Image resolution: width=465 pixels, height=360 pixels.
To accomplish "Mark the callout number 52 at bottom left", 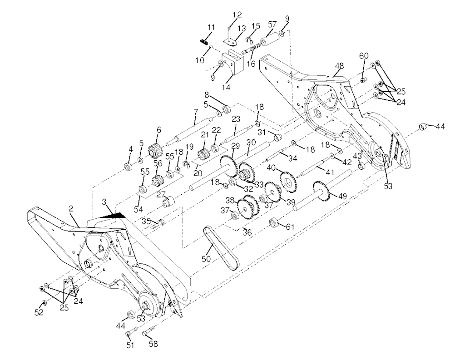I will coord(39,313).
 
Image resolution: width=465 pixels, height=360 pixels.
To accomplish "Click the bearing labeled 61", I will coord(274,223).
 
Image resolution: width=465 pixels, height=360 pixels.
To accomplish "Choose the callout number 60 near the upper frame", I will coord(364,55).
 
